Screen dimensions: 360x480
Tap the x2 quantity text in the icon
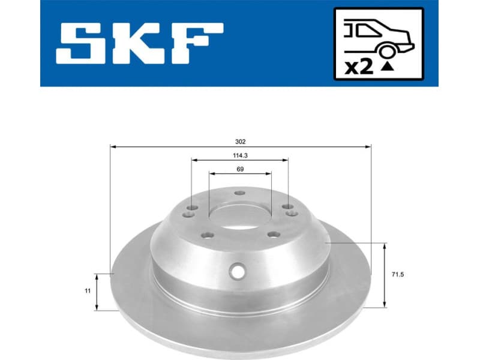(x=358, y=67)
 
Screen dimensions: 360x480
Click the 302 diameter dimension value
(x=241, y=142)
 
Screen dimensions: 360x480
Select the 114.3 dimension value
(x=240, y=155)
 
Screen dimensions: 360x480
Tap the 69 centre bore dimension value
(x=240, y=169)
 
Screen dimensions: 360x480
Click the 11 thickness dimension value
(x=88, y=291)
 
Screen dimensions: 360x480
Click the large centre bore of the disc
(x=240, y=214)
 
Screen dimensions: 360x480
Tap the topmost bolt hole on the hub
(x=240, y=193)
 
